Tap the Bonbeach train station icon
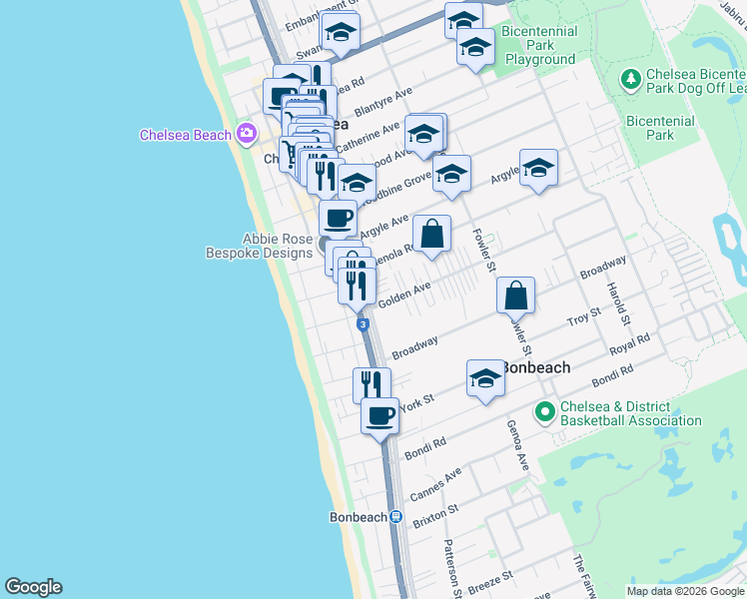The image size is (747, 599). coord(396,517)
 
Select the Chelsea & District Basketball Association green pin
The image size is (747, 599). coord(545,411)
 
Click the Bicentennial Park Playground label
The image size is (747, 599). coord(540,45)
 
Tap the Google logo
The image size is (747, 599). coord(33,587)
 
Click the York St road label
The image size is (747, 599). coord(418,401)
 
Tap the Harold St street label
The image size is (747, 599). coord(615,302)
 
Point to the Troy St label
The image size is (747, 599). coord(584,318)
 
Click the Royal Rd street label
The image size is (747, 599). coord(629,345)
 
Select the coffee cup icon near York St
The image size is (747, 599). coord(379,415)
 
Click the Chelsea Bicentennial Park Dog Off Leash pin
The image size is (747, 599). coord(630,78)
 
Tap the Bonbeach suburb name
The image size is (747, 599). coord(535,367)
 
